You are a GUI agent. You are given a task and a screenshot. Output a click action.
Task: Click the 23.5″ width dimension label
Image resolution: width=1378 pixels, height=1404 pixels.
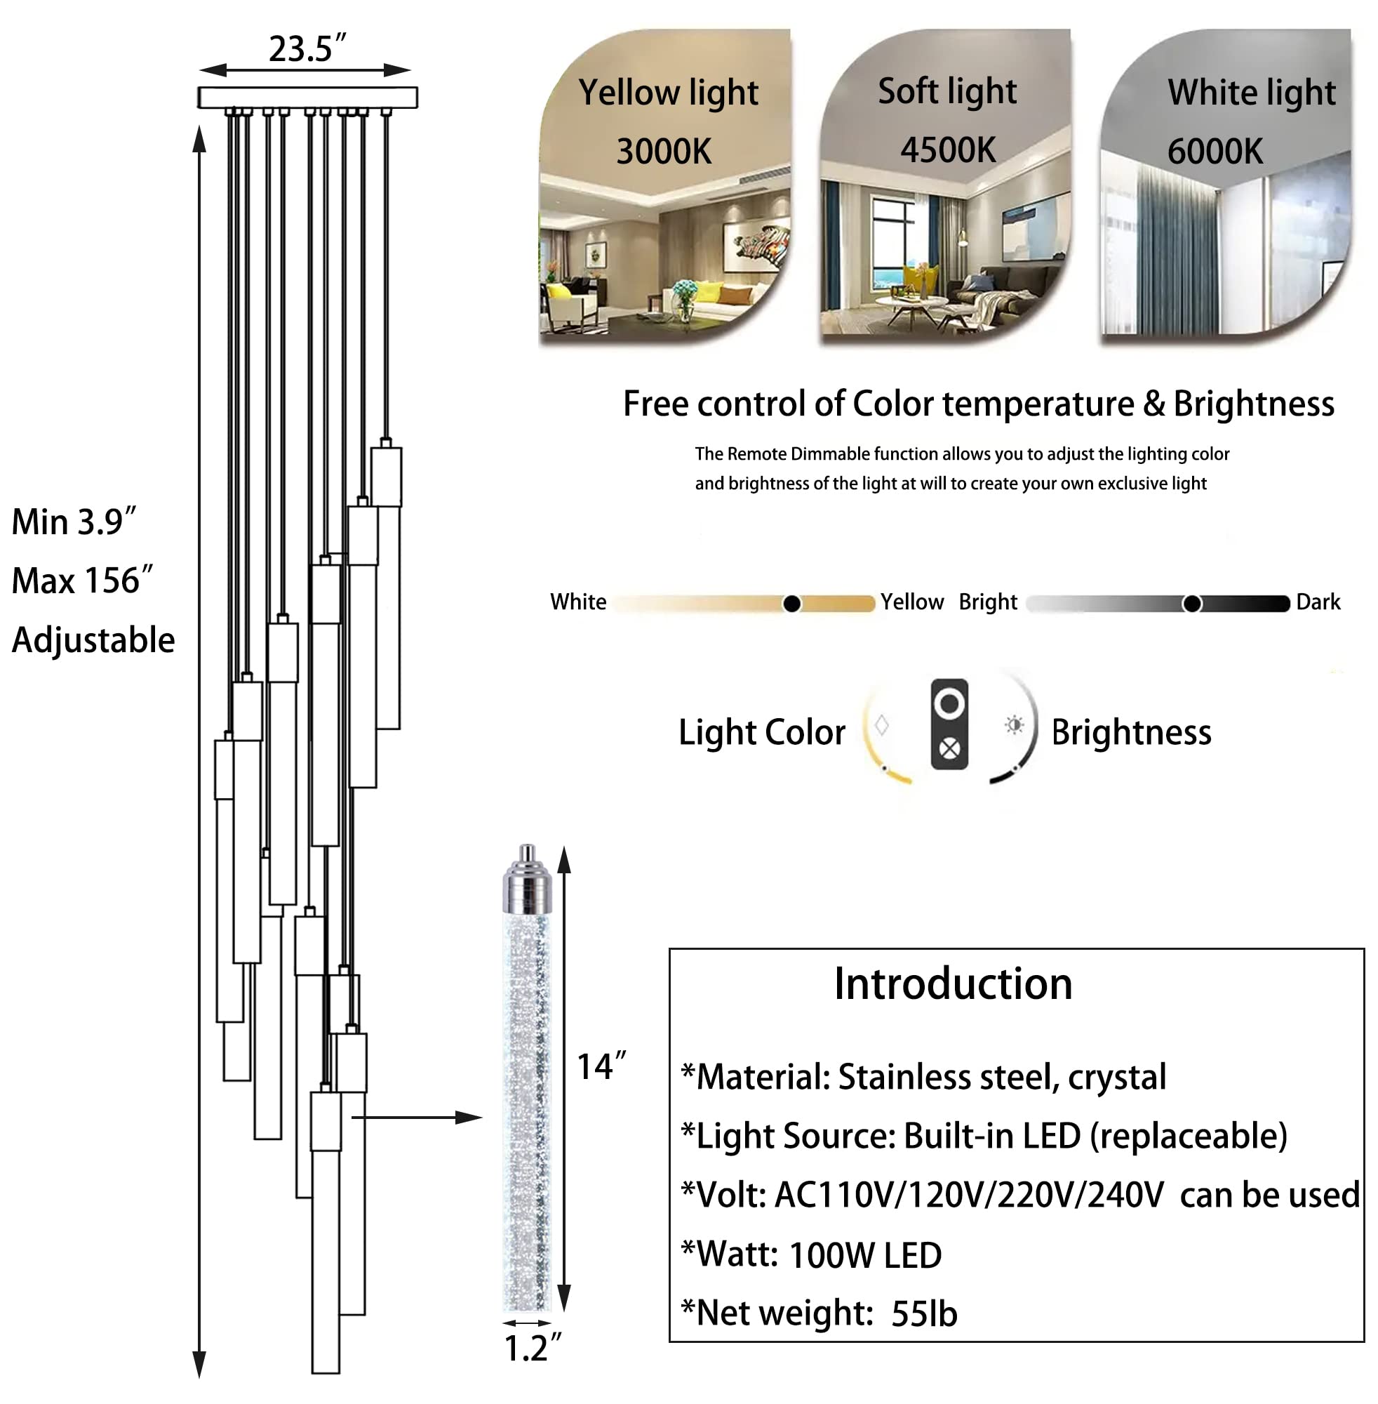coord(307,49)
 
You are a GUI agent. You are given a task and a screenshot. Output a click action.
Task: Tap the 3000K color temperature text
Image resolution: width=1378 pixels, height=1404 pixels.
coord(664,152)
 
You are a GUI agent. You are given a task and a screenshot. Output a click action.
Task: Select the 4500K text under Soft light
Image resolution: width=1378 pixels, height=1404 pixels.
coord(948,151)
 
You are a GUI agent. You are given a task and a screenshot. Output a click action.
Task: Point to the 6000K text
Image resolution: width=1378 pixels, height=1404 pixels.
coord(1215,152)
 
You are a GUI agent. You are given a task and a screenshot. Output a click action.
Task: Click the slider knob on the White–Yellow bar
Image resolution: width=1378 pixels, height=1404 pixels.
coord(791,603)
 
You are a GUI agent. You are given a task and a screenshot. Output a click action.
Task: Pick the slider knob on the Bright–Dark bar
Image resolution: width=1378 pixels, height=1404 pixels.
coord(1192,603)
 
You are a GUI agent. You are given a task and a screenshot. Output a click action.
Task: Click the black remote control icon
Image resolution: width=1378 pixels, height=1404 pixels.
coord(949,724)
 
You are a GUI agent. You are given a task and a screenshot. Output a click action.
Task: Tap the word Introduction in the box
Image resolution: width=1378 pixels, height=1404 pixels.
coord(952,984)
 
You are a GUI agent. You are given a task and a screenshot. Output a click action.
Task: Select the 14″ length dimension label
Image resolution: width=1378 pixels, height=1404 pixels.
coord(601,1067)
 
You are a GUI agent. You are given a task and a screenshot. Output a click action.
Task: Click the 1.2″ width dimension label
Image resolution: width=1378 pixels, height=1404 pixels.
coord(532,1349)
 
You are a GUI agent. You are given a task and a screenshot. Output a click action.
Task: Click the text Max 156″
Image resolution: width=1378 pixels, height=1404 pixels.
coord(83,581)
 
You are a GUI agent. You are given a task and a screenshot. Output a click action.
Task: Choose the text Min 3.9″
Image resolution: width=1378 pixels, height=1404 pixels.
coord(74,522)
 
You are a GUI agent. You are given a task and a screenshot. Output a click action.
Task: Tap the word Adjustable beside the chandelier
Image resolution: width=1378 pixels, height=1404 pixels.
coord(93,640)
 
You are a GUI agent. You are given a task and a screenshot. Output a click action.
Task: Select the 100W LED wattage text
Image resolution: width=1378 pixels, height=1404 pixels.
coord(865,1256)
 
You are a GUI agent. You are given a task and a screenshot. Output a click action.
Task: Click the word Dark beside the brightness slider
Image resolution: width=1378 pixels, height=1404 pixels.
coord(1318,602)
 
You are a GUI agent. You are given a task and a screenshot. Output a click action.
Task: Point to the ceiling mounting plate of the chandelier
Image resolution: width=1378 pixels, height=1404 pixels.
coord(307,97)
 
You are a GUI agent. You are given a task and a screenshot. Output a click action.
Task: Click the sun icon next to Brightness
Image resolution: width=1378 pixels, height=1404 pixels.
coord(1015,724)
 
